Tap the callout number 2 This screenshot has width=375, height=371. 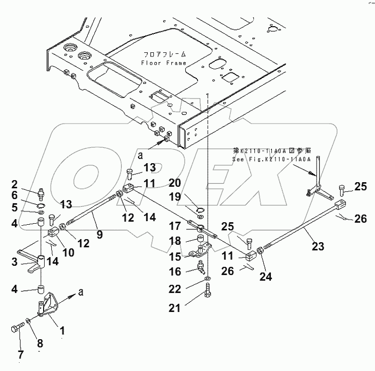click(x=29, y=184)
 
